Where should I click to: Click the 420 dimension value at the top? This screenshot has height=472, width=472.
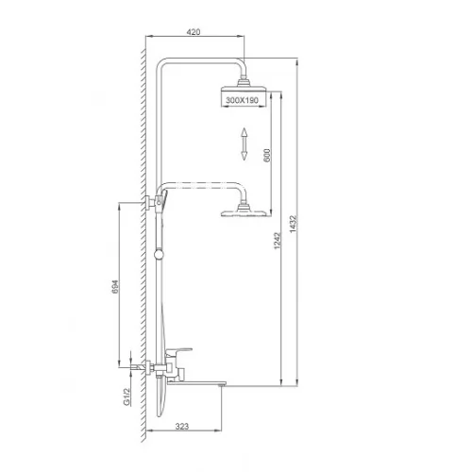[194, 32]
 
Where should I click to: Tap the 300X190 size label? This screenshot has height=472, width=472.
[242, 100]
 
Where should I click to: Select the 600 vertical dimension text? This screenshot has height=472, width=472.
[267, 155]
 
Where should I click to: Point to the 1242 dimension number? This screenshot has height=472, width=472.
[277, 241]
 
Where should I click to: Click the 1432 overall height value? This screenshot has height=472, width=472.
[293, 224]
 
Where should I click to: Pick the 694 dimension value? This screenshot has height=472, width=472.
[115, 287]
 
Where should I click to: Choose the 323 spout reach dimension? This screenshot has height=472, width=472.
[182, 426]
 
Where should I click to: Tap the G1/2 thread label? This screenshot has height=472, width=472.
[126, 396]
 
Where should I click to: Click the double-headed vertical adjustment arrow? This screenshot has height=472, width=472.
[244, 143]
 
